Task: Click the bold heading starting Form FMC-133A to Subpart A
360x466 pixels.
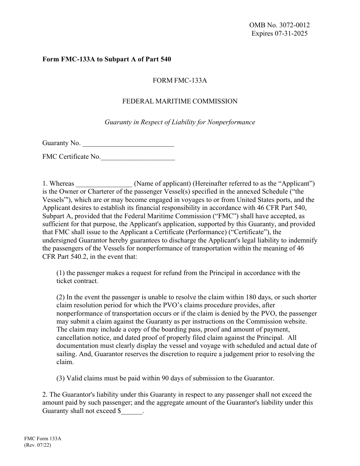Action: tap(106, 59)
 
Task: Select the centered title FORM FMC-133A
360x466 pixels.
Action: tap(180, 80)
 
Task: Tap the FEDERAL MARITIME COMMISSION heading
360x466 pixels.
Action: tap(180, 101)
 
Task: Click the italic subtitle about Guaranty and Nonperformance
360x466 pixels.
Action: tap(180, 122)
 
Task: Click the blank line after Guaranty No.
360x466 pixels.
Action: tap(128, 144)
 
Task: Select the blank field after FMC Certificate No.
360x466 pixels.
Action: tap(138, 157)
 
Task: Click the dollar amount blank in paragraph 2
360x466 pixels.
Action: tap(132, 411)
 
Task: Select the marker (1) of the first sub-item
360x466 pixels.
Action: tap(61, 273)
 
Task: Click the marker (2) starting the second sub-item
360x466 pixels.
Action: tap(61, 297)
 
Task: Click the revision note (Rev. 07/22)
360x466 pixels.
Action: tap(37, 446)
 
